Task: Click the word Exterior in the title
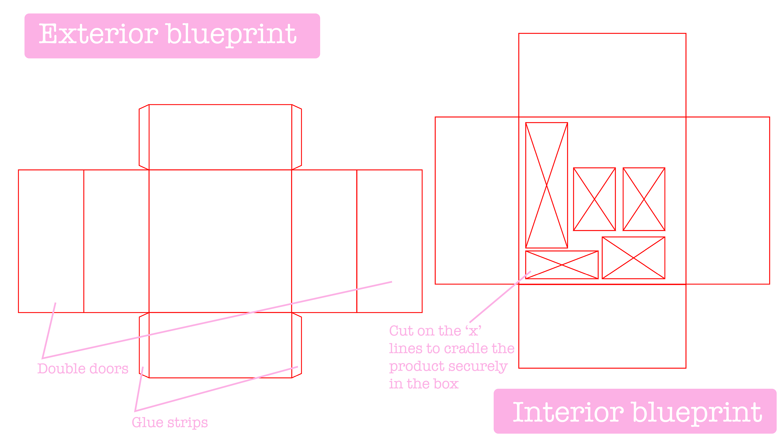click(x=98, y=34)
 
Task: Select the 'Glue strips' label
click(x=169, y=422)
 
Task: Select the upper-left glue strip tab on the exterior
click(x=144, y=137)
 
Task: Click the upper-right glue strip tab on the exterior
click(x=296, y=137)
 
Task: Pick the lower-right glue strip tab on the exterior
click(x=296, y=345)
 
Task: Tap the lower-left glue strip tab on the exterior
click(x=144, y=345)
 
